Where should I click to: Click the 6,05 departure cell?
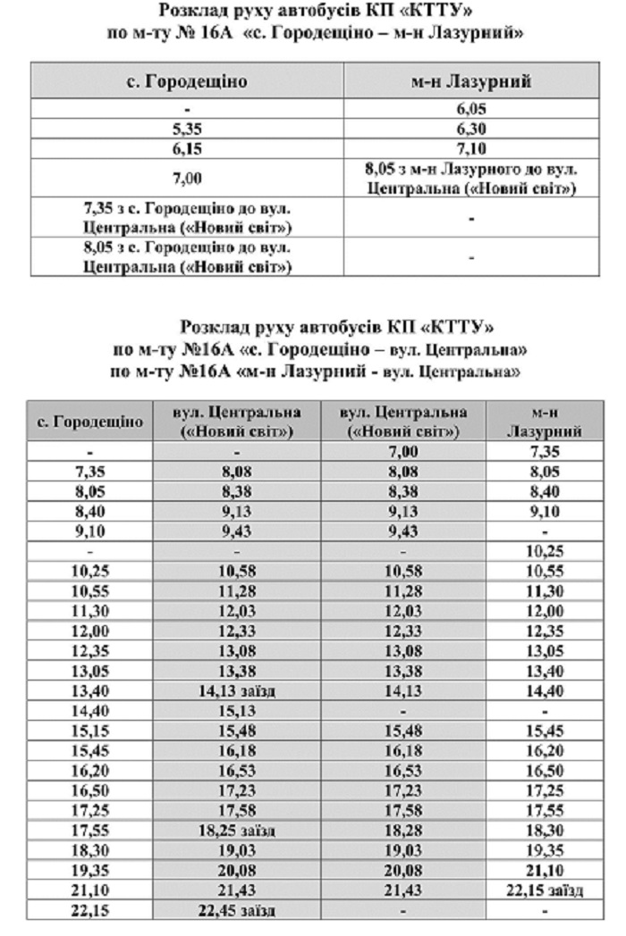(x=470, y=112)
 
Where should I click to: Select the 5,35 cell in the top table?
(x=188, y=129)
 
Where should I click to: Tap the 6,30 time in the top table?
(x=470, y=129)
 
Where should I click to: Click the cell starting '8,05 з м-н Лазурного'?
(x=470, y=180)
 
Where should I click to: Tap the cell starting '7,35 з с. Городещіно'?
(x=188, y=217)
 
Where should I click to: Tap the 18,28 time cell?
(x=403, y=831)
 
